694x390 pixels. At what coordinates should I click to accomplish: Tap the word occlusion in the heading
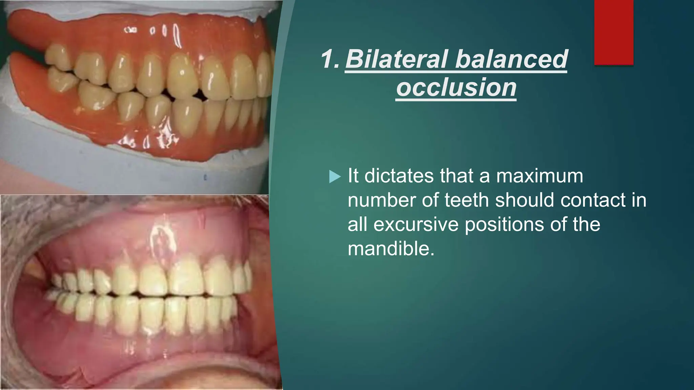456,88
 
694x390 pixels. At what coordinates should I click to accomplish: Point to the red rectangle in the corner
614,32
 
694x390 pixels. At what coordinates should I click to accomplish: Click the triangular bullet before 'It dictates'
334,177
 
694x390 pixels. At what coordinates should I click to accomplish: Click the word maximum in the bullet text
539,176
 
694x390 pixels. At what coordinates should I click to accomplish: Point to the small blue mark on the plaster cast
205,177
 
